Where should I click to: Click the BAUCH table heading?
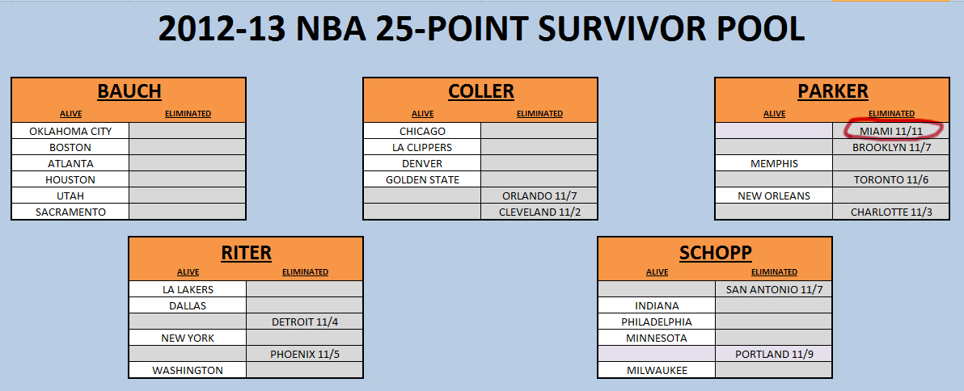click(x=129, y=91)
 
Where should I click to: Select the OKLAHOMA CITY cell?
click(x=70, y=131)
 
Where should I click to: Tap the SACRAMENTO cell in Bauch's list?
click(x=70, y=212)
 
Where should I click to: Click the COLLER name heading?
click(x=480, y=91)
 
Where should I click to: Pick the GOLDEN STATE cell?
click(x=422, y=180)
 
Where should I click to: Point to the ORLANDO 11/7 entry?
click(x=539, y=195)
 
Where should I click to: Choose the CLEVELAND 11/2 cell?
click(x=539, y=212)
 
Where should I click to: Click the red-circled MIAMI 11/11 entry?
click(x=891, y=132)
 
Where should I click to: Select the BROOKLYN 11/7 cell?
click(x=891, y=147)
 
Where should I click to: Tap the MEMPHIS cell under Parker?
click(x=774, y=164)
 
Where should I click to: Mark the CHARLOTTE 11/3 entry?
click(x=891, y=212)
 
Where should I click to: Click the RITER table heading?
click(x=246, y=252)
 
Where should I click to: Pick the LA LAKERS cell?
click(x=188, y=289)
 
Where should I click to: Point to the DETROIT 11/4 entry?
click(x=304, y=322)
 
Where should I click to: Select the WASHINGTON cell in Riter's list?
click(x=188, y=370)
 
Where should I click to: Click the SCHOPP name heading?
click(x=715, y=252)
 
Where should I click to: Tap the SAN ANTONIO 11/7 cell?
click(x=774, y=289)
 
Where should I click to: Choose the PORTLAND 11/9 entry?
click(x=774, y=354)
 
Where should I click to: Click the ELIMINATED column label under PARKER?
click(x=891, y=114)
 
